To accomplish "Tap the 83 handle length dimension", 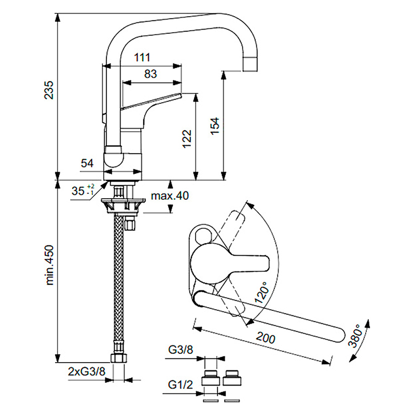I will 150,74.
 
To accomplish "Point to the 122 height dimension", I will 187,139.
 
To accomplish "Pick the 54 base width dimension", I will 87,163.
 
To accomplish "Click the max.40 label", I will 170,196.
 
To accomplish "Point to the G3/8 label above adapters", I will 181,350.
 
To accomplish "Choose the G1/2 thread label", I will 181,385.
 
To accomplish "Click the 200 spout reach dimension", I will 265,338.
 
